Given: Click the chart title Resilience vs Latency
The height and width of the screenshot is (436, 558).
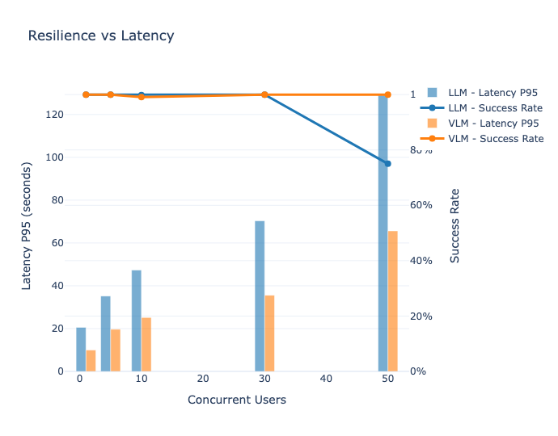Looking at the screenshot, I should click(100, 36).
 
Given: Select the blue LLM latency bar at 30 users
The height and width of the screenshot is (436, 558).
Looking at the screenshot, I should click(260, 296).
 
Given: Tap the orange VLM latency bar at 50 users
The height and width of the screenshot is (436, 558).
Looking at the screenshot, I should click(393, 300).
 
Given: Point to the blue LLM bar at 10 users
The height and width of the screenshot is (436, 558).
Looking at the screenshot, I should click(137, 321).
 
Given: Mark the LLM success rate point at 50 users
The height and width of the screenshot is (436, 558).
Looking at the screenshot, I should click(387, 164).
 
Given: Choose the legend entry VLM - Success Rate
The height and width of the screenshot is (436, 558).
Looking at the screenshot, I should click(495, 138).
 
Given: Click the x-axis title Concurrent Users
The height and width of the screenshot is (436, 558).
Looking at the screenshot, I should click(236, 400).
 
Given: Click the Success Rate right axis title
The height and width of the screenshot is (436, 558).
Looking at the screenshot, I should click(454, 225).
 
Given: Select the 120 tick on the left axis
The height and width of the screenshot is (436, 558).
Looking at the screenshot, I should click(55, 115).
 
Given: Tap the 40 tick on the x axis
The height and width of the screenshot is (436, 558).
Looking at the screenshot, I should click(326, 378).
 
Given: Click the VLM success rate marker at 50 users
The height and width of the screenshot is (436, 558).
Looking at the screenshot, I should click(387, 95).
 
